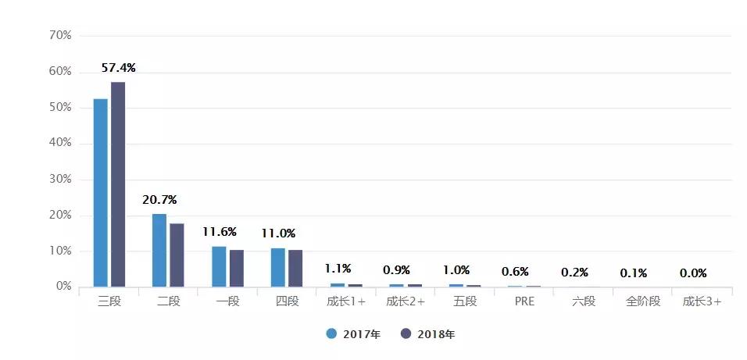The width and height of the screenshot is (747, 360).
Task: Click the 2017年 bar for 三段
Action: click(x=101, y=193)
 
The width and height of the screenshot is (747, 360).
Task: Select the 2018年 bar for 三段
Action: click(x=118, y=184)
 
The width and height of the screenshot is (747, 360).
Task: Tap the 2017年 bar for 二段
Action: click(x=159, y=250)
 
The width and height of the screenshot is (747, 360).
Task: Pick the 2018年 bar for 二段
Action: click(x=177, y=255)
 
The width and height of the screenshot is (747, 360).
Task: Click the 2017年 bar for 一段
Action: click(x=219, y=266)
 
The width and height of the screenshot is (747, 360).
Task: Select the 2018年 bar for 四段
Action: click(x=295, y=268)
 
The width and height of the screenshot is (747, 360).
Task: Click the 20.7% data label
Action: click(x=159, y=200)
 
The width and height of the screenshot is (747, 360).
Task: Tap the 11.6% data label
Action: click(x=219, y=232)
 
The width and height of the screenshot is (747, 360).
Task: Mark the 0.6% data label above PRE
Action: click(x=516, y=271)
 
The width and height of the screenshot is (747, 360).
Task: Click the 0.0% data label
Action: click(x=693, y=273)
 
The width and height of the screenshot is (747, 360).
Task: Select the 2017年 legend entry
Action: click(x=353, y=334)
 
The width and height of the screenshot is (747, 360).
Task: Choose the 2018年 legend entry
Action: click(x=427, y=334)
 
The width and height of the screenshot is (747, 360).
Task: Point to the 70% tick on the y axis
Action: click(x=60, y=35)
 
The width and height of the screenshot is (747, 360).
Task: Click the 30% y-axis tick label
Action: click(x=60, y=179)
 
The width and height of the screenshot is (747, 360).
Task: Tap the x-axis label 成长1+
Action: click(x=345, y=301)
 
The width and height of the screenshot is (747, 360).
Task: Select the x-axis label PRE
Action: click(x=524, y=301)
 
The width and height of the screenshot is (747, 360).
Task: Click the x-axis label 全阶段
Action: click(x=642, y=301)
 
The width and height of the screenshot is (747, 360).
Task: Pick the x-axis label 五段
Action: click(x=465, y=301)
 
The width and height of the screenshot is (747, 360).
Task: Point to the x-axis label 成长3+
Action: click(x=702, y=301)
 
